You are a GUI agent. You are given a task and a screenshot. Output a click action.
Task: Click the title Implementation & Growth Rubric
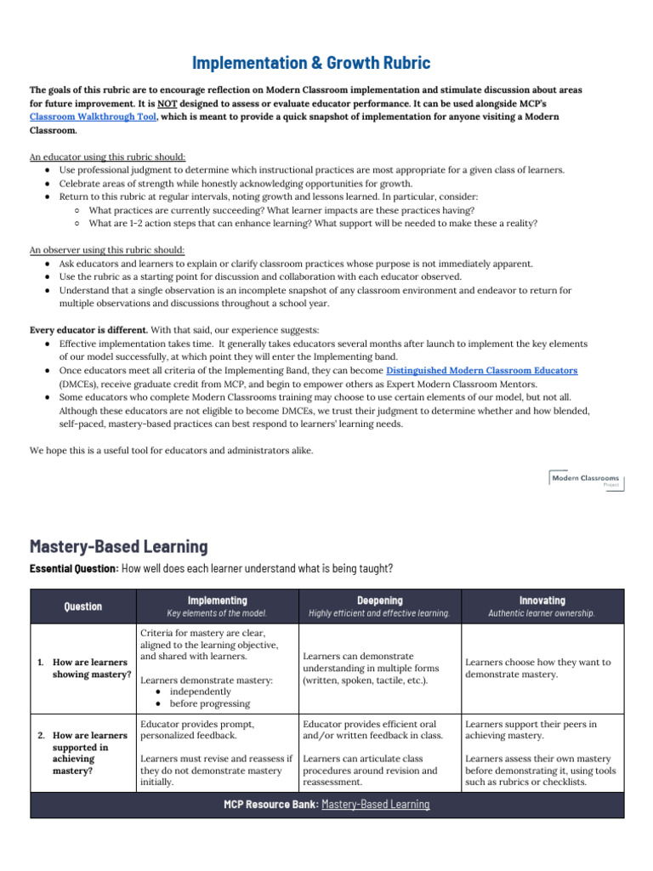pos(311,63)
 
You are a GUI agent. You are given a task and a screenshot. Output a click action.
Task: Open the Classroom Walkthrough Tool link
pos(93,117)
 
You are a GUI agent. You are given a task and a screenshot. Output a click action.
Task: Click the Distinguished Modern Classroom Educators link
pos(481,371)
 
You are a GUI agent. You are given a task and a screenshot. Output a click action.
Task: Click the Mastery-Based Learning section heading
pos(118,546)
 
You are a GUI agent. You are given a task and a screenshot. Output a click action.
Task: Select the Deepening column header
pos(379,600)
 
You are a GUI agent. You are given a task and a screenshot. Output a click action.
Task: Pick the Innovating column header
pos(542,600)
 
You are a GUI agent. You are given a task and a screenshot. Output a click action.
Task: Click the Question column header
pos(82,606)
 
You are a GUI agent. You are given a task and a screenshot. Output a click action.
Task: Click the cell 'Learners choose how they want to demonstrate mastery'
pos(537,669)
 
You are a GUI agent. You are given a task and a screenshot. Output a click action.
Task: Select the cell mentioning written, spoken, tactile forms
pos(371,669)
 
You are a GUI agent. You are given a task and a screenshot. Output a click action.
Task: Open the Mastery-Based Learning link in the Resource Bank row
pos(375,804)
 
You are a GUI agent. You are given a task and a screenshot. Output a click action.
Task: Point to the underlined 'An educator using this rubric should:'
pos(108,157)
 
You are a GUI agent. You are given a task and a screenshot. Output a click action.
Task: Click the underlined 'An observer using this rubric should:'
pos(107,250)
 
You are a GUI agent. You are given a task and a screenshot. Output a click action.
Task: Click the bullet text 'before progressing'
pos(209,703)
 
